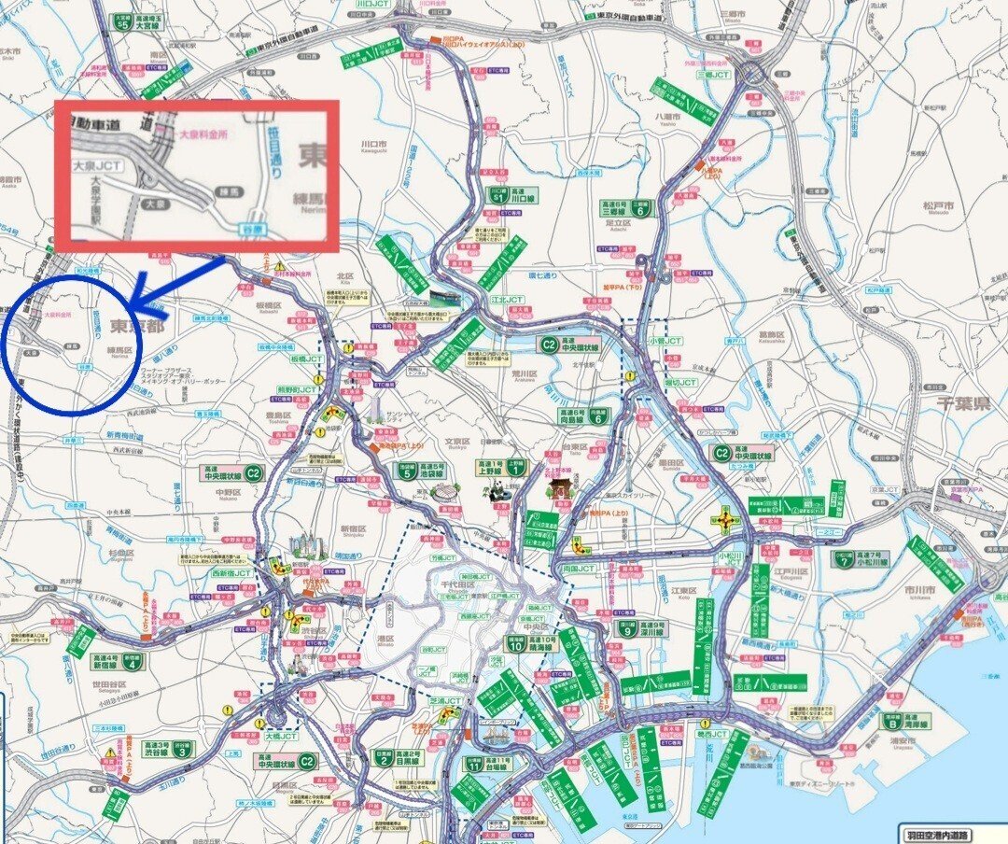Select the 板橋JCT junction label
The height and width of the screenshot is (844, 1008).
(307, 359)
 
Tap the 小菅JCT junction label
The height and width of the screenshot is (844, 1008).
(665, 342)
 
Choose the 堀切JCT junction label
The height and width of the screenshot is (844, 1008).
(680, 382)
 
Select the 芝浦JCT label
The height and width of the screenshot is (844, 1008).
(445, 701)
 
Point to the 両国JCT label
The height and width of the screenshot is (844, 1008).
(579, 568)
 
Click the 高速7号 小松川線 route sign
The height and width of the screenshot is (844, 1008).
(861, 559)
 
